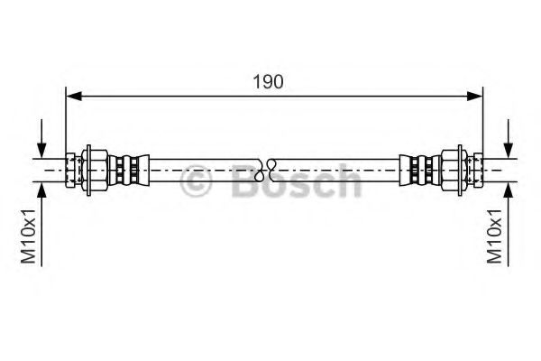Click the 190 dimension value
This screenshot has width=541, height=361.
pyautogui.click(x=269, y=81)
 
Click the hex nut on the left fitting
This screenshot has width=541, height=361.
pyautogui.click(x=93, y=169)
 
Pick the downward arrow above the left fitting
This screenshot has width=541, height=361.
pyautogui.click(x=41, y=148)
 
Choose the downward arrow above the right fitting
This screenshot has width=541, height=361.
pyautogui.click(x=509, y=148)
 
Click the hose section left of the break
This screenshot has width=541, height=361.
pyautogui.click(x=198, y=169)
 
